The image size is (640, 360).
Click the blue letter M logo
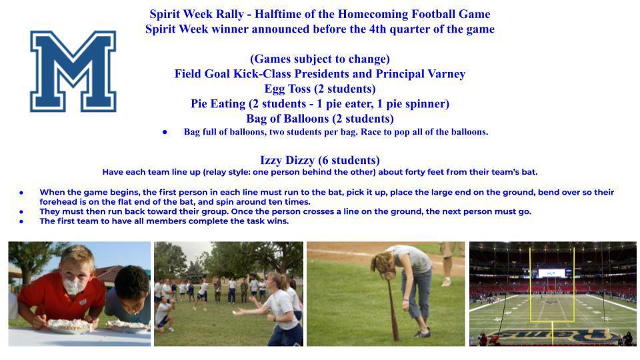pyautogui.click(x=73, y=71)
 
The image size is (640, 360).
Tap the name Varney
pyautogui.click(x=446, y=74)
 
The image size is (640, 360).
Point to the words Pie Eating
pyautogui.click(x=218, y=104)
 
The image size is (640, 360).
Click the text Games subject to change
pyautogui.click(x=319, y=59)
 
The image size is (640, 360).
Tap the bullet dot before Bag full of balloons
pyautogui.click(x=165, y=132)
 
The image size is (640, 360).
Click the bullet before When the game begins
pyautogui.click(x=21, y=192)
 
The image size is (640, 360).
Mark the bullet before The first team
pyautogui.click(x=21, y=221)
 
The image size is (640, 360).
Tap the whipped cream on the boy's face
pyautogui.click(x=73, y=285)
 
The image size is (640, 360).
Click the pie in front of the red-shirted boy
pyautogui.click(x=70, y=325)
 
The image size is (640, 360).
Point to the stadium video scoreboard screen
pyautogui.click(x=551, y=273)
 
